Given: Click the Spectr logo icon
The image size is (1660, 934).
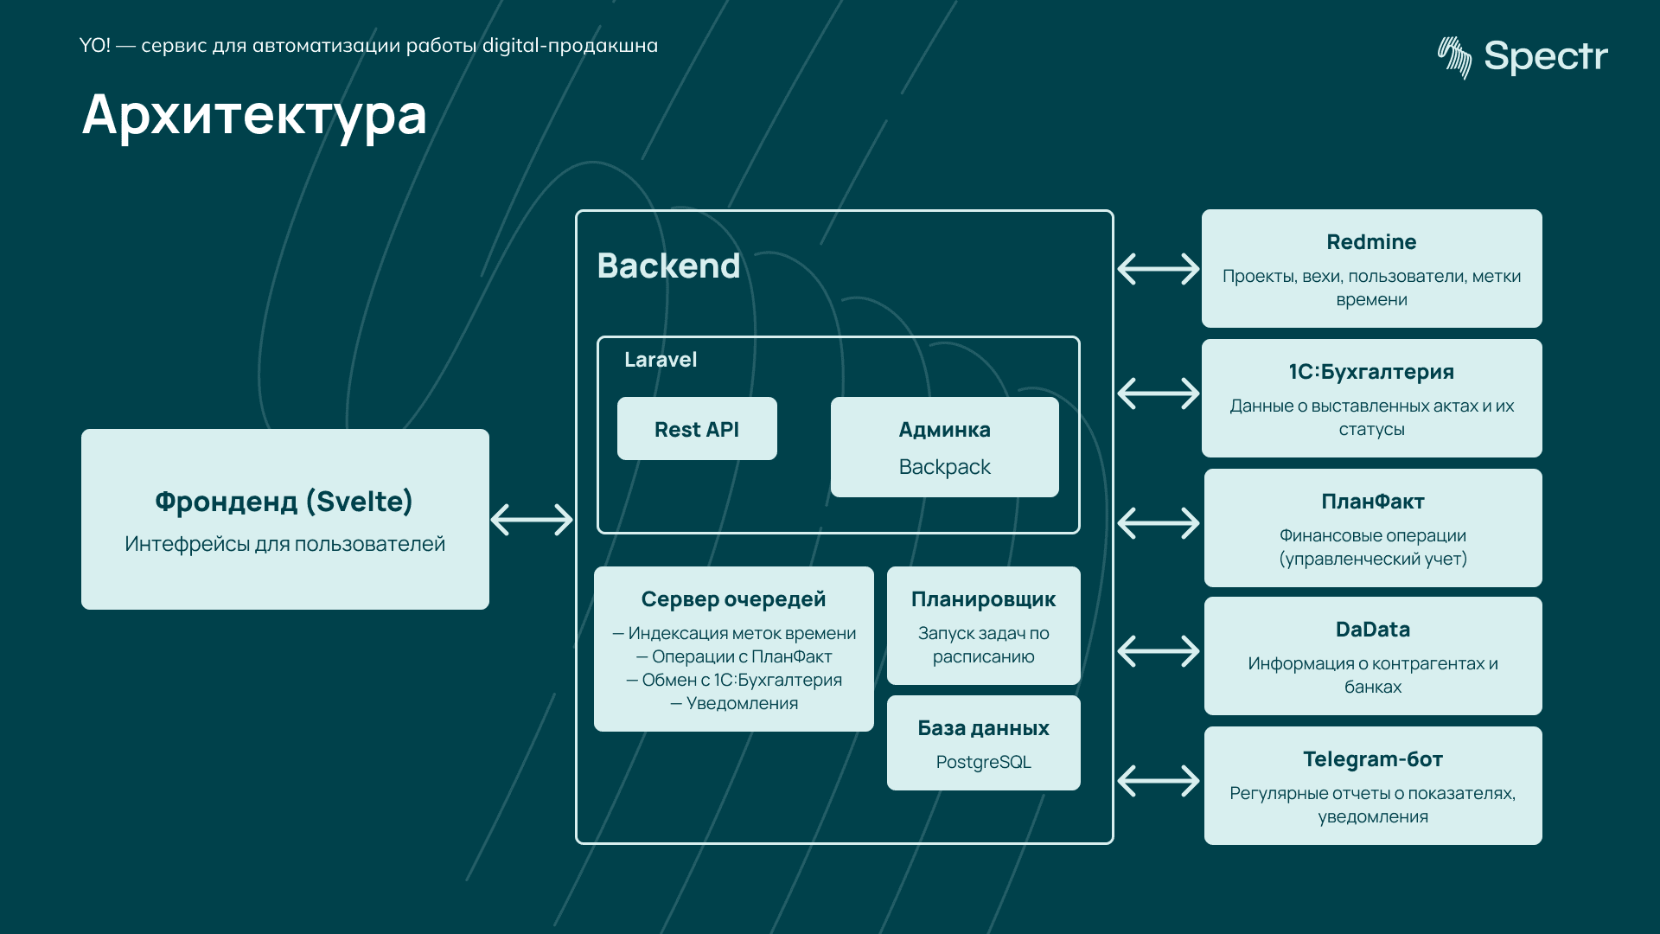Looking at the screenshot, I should [1454, 57].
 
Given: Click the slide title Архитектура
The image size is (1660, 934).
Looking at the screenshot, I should [254, 115].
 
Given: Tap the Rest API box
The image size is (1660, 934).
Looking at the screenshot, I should [697, 429].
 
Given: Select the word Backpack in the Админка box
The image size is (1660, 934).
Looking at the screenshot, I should [944, 467].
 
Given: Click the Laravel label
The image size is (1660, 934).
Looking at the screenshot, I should [661, 360].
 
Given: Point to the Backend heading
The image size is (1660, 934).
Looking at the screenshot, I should [668, 265].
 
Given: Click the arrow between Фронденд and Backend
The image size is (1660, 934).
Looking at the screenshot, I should [532, 520].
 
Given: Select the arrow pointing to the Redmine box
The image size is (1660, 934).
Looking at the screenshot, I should [1158, 269].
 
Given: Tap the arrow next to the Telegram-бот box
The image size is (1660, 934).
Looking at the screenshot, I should [1158, 781].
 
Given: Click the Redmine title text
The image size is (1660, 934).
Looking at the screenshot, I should [1371, 242].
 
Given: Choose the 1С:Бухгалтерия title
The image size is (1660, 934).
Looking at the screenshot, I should [1371, 372].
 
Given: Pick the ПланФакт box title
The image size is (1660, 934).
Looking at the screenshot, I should [1372, 502].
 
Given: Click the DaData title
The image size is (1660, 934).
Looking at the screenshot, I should [1372, 630].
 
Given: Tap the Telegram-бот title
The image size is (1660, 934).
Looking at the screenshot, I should [1372, 759].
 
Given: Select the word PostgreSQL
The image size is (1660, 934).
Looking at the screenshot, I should [983, 762].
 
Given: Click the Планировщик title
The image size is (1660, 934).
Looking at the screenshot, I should [983, 599].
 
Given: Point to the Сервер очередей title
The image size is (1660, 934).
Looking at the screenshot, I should [733, 599].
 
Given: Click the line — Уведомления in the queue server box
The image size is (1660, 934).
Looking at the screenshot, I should [734, 703].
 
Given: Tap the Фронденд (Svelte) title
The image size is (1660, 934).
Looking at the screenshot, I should [284, 502].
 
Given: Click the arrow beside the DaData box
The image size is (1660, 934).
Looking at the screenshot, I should [1158, 651].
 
